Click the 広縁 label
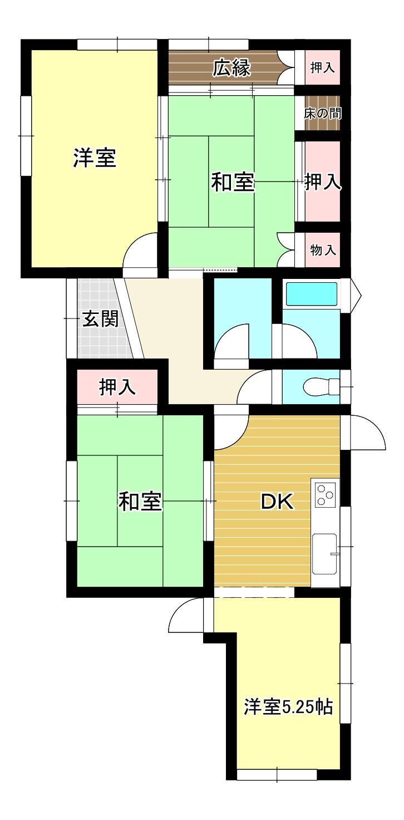point(231,68)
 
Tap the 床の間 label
point(322,114)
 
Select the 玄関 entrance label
point(100,319)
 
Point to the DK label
point(277,502)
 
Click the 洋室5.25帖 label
point(288,707)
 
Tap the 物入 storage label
point(323,251)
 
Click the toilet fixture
point(322,386)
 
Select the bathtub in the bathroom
point(312,293)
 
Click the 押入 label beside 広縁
point(322,68)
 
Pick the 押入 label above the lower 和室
point(117,387)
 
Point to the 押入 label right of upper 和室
point(323,181)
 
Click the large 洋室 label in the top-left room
point(95,158)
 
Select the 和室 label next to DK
point(140,502)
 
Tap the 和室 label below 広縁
point(233,182)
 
